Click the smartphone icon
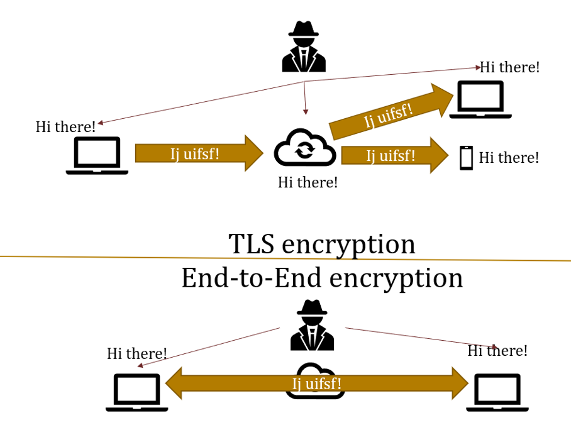466,157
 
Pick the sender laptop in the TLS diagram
97,155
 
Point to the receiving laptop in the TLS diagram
480,99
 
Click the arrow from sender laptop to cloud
199,153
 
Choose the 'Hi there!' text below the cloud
308,182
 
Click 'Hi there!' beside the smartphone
509,157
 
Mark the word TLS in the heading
251,244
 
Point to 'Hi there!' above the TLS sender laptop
66,126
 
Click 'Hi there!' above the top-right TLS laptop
510,67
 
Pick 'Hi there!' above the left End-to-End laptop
137,353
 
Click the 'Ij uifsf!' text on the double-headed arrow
316,383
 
